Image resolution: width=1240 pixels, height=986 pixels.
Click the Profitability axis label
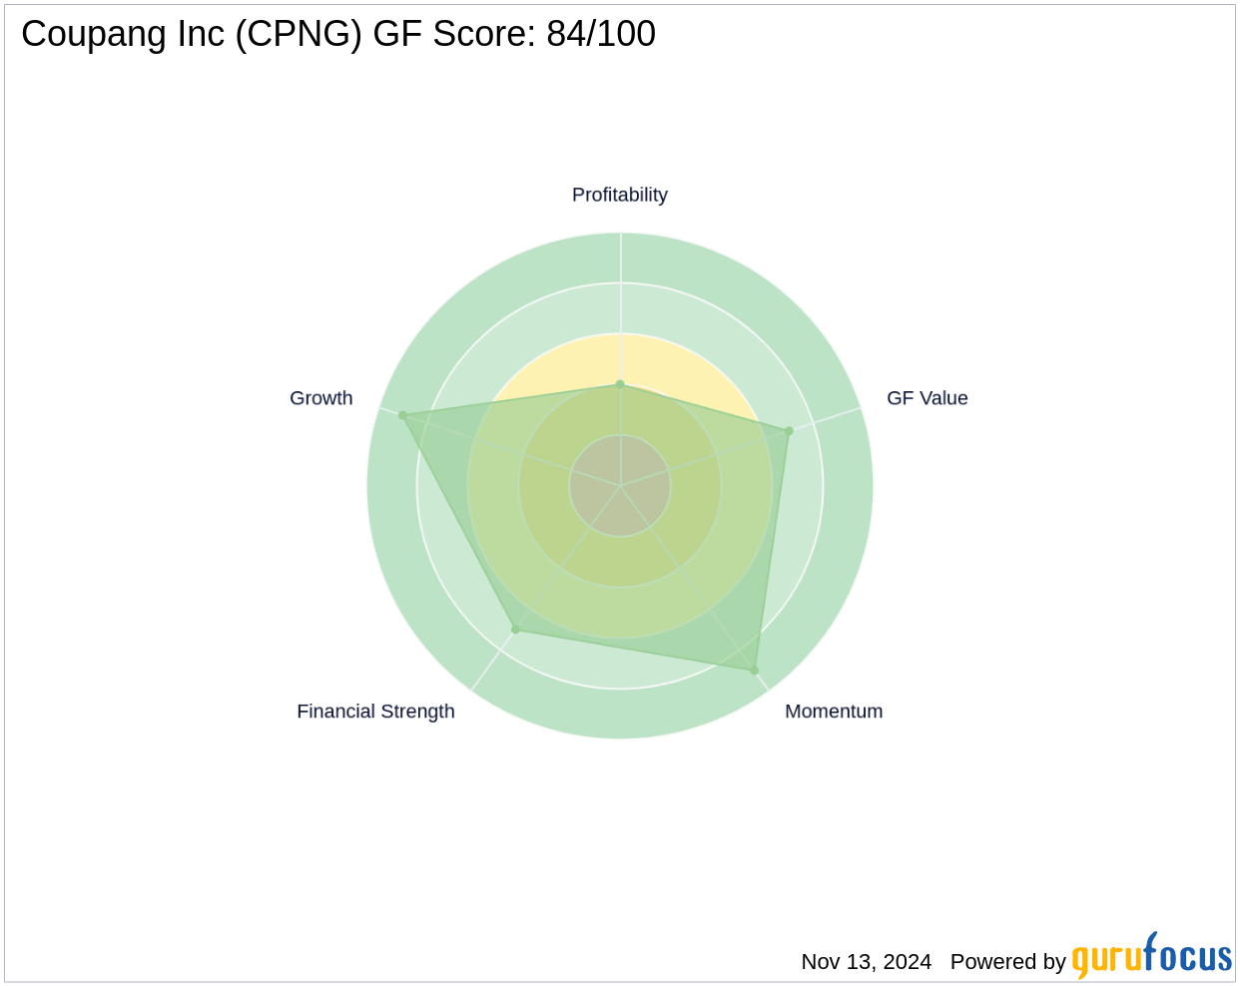pyautogui.click(x=619, y=195)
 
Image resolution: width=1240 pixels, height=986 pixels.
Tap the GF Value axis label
pyautogui.click(x=927, y=398)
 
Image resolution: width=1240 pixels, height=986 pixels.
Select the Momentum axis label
pyautogui.click(x=834, y=712)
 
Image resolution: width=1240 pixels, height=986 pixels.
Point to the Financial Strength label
pyautogui.click(x=375, y=712)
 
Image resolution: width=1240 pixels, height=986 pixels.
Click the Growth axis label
pyautogui.click(x=320, y=398)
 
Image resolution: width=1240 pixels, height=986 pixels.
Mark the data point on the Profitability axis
pyautogui.click(x=620, y=384)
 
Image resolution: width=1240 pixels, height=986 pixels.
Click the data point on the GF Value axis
pyautogui.click(x=789, y=431)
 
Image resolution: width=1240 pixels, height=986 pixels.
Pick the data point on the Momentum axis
pyautogui.click(x=754, y=670)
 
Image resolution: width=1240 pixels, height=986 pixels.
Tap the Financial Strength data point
pyautogui.click(x=515, y=630)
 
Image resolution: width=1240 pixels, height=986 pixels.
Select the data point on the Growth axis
pyautogui.click(x=402, y=415)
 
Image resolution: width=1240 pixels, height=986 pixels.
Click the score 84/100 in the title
pyautogui.click(x=601, y=34)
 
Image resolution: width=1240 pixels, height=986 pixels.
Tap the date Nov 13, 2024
pyautogui.click(x=866, y=962)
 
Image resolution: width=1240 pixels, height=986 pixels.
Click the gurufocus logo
pyautogui.click(x=1151, y=957)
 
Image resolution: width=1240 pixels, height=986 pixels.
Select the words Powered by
pyautogui.click(x=1007, y=962)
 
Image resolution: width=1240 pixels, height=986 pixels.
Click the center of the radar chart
pyautogui.click(x=620, y=486)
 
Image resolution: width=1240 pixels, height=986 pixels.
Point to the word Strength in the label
pyautogui.click(x=417, y=712)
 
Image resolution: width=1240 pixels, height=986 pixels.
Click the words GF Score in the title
pyautogui.click(x=454, y=34)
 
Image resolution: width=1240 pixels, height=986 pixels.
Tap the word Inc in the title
pyautogui.click(x=181, y=34)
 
